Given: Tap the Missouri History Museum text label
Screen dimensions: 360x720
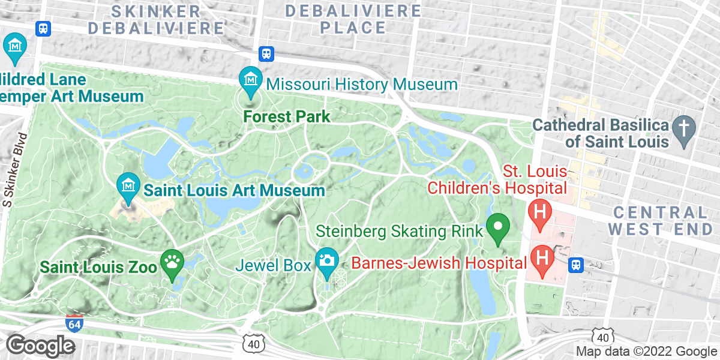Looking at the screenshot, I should pos(362,84).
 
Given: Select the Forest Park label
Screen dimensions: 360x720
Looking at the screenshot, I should pos(287,116).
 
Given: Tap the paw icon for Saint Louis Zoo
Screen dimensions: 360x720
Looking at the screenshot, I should pos(172,262).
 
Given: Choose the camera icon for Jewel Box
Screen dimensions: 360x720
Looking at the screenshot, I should pos(327,260).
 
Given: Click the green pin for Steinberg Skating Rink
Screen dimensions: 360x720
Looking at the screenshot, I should pos(497,227).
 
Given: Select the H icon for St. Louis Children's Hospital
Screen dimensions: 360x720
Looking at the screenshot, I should pos(539,212).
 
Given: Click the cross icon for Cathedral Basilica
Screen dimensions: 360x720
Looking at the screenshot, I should pos(683,128).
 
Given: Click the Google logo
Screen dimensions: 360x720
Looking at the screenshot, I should pos(40,346).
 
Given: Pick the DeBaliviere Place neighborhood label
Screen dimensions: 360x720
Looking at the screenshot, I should pos(353,19).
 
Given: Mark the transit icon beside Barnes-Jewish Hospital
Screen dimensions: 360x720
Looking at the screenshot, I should pos(576,264).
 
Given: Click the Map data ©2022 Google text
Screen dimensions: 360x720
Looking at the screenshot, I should pos(646,352).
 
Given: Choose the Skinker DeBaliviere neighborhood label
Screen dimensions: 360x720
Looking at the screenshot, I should pos(156,19).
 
